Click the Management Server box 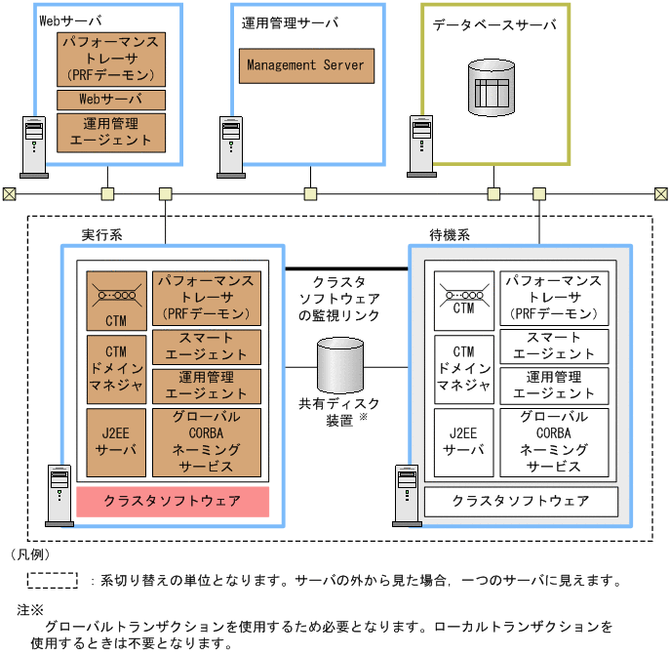305,65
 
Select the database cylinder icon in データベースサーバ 492,88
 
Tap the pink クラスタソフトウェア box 173,502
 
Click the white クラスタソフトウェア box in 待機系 522,501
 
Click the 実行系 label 101,235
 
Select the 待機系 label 450,235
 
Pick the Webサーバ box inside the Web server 111,100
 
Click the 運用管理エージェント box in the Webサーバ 111,132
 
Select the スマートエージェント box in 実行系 207,347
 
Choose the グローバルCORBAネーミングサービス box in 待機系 554,442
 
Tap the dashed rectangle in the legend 52,580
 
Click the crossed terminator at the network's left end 9,193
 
